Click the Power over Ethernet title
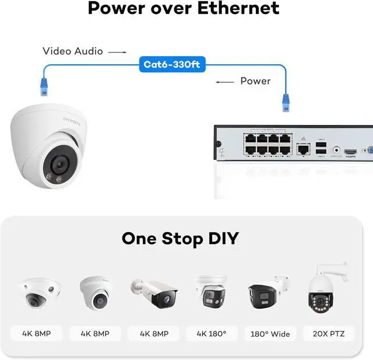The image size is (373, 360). point(184,8)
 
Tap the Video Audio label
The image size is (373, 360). point(73,51)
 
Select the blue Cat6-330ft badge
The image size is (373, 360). point(173,64)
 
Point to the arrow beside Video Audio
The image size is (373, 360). point(117,52)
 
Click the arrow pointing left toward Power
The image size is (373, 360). point(225,82)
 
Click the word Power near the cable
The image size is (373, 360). point(255,81)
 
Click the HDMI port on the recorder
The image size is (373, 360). point(350,152)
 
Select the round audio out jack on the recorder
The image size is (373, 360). point(336,150)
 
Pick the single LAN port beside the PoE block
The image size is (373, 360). point(302,149)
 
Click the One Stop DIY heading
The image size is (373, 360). point(180,238)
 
